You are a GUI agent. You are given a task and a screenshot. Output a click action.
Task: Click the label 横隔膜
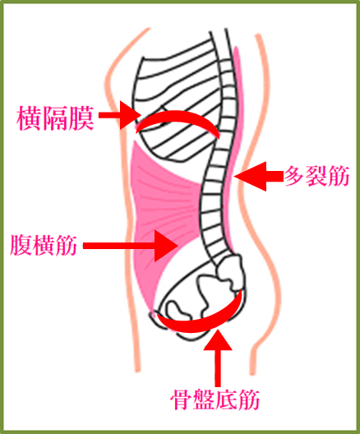click(x=55, y=118)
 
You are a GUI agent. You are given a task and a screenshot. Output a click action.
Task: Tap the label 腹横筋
click(x=44, y=245)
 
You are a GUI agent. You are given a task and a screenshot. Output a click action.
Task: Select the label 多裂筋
click(x=317, y=176)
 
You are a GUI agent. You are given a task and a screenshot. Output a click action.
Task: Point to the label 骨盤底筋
click(x=215, y=399)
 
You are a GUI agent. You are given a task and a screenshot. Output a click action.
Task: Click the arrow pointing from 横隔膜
click(x=119, y=115)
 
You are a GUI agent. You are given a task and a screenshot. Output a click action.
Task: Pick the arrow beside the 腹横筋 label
click(x=130, y=246)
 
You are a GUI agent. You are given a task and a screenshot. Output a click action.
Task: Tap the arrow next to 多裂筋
click(x=259, y=176)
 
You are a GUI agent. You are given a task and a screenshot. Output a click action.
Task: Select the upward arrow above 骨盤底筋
click(x=218, y=357)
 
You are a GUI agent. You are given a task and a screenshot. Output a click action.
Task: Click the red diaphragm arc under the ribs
click(x=177, y=117)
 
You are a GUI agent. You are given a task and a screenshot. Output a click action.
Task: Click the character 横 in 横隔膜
click(x=29, y=118)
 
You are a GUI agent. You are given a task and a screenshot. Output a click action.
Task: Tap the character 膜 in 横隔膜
click(x=81, y=118)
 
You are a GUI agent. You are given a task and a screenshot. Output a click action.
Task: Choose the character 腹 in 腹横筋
click(x=21, y=245)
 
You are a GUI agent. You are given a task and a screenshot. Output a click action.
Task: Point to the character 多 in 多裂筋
click(x=295, y=176)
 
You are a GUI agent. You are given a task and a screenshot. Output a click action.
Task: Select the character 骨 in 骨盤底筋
click(x=182, y=399)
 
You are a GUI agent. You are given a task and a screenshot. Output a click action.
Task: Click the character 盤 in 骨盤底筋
click(x=204, y=399)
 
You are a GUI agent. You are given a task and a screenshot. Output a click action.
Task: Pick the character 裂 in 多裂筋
click(x=317, y=176)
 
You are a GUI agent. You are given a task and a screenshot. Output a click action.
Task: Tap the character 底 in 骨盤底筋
click(x=226, y=399)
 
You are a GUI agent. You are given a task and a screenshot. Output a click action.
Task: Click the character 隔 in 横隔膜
click(x=55, y=118)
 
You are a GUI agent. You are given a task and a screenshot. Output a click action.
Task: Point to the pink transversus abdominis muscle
click(x=155, y=199)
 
